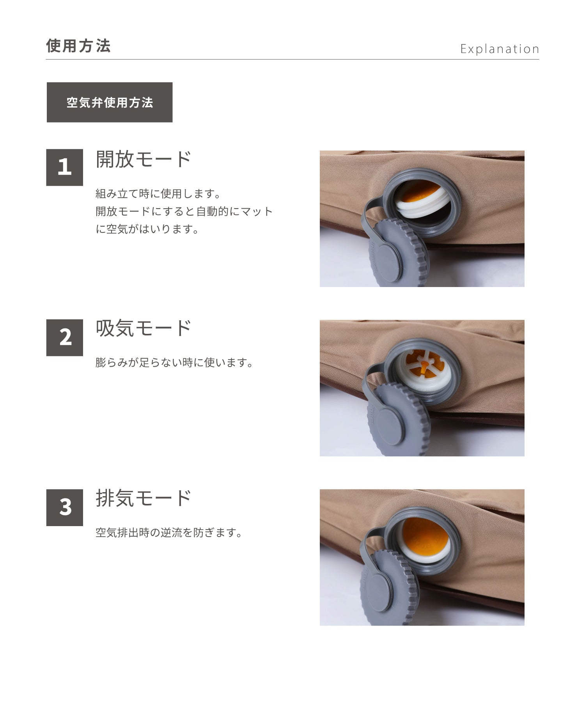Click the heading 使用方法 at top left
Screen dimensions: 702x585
click(78, 46)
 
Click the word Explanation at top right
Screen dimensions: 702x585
click(500, 49)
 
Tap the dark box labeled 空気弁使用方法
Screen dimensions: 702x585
click(110, 103)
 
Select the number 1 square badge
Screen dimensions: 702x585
click(65, 167)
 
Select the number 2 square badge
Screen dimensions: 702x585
click(65, 337)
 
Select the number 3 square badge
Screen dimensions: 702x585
click(65, 507)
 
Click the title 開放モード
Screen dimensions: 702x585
click(144, 159)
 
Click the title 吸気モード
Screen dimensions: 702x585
click(144, 328)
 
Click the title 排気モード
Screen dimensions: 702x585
click(144, 498)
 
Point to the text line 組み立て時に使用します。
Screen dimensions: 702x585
click(158, 193)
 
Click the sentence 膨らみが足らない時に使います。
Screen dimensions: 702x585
click(174, 363)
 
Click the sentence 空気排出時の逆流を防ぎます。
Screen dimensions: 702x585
click(169, 533)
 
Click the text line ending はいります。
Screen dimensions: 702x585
click(147, 229)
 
